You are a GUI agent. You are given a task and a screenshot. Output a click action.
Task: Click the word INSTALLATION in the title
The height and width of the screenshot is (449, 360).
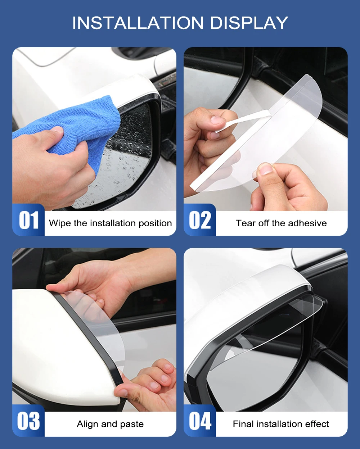pos(138,23)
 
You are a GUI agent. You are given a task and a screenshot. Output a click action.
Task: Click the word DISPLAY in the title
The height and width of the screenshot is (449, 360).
pos(249,23)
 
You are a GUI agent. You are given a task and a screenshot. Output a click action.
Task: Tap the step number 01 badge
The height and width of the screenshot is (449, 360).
pos(28,220)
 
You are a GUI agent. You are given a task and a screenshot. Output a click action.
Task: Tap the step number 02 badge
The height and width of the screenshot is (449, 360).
pos(200,220)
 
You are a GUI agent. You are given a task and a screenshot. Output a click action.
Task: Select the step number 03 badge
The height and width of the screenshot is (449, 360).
pos(28,421)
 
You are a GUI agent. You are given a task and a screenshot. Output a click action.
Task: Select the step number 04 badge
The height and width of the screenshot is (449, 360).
pos(200,421)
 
